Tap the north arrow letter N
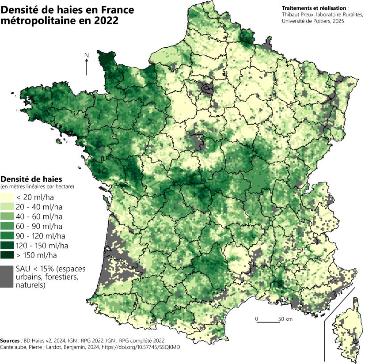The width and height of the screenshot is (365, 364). coord(87,55)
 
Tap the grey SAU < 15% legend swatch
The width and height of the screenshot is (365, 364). coord(7,277)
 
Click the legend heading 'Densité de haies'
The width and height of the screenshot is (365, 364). coord(31,179)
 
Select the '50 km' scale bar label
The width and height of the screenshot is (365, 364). coord(285,318)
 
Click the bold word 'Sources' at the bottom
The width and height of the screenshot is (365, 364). coord(10,341)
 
